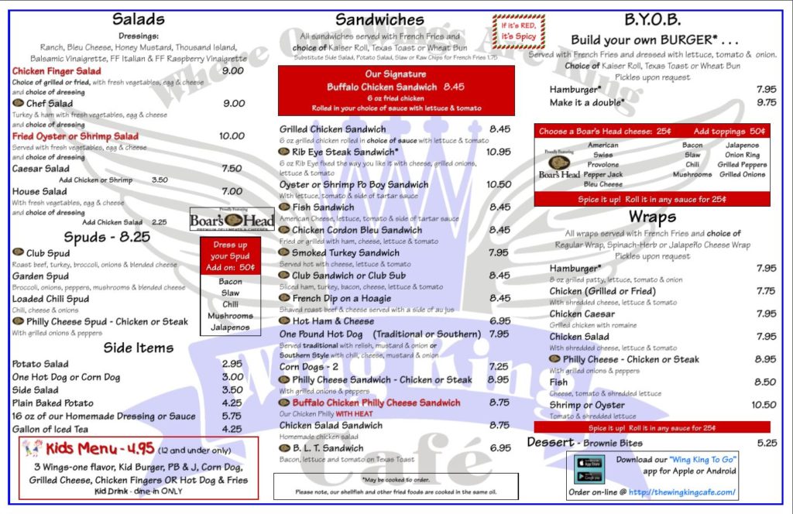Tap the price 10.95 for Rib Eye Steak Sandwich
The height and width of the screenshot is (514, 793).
[499, 152]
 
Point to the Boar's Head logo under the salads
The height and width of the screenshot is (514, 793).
[221, 220]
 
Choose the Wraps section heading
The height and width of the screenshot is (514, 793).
[651, 217]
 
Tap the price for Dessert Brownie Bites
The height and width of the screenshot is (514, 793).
[765, 443]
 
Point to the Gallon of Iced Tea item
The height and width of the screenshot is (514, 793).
[50, 429]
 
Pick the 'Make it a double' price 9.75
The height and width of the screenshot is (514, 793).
[765, 102]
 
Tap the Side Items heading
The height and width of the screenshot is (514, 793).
[138, 348]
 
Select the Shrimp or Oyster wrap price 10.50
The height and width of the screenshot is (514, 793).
[763, 405]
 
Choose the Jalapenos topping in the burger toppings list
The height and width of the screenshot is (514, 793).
[742, 145]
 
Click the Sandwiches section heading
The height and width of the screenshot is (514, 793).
[379, 19]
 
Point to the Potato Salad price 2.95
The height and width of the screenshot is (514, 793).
[232, 364]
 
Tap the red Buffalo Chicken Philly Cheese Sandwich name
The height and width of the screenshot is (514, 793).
[376, 403]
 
